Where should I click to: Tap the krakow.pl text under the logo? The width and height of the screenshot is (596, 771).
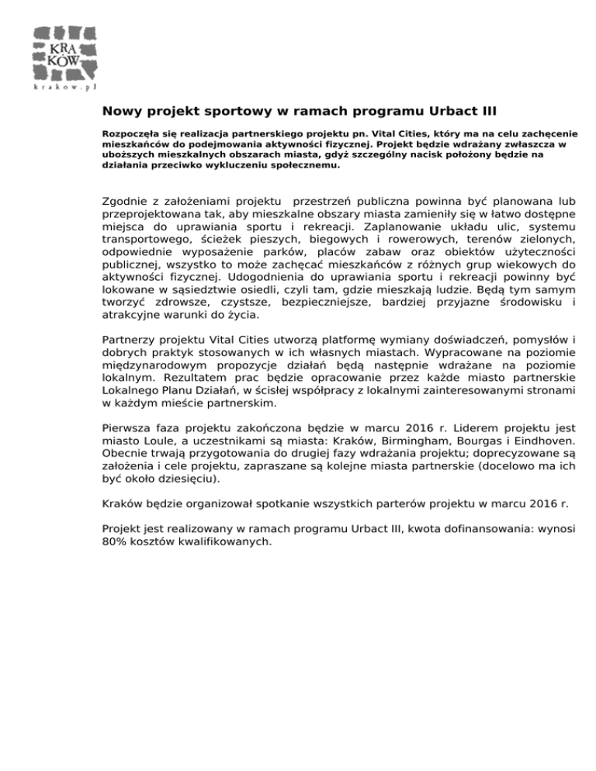65,88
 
